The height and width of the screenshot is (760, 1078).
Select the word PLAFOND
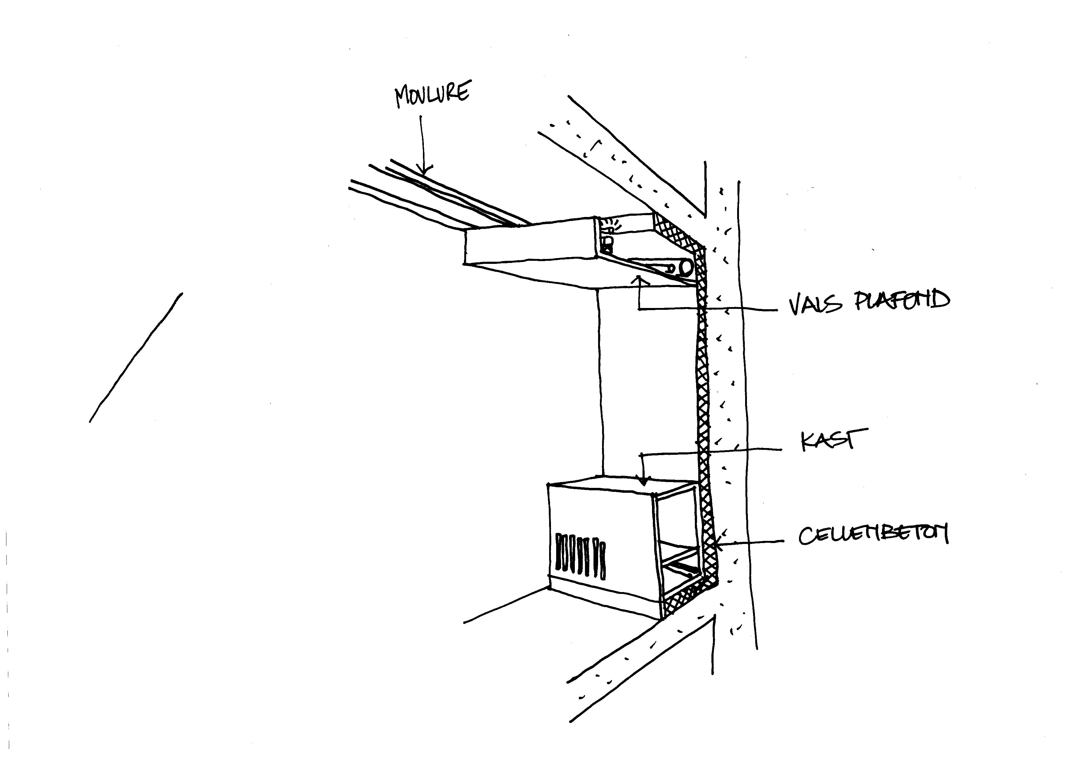tap(902, 301)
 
